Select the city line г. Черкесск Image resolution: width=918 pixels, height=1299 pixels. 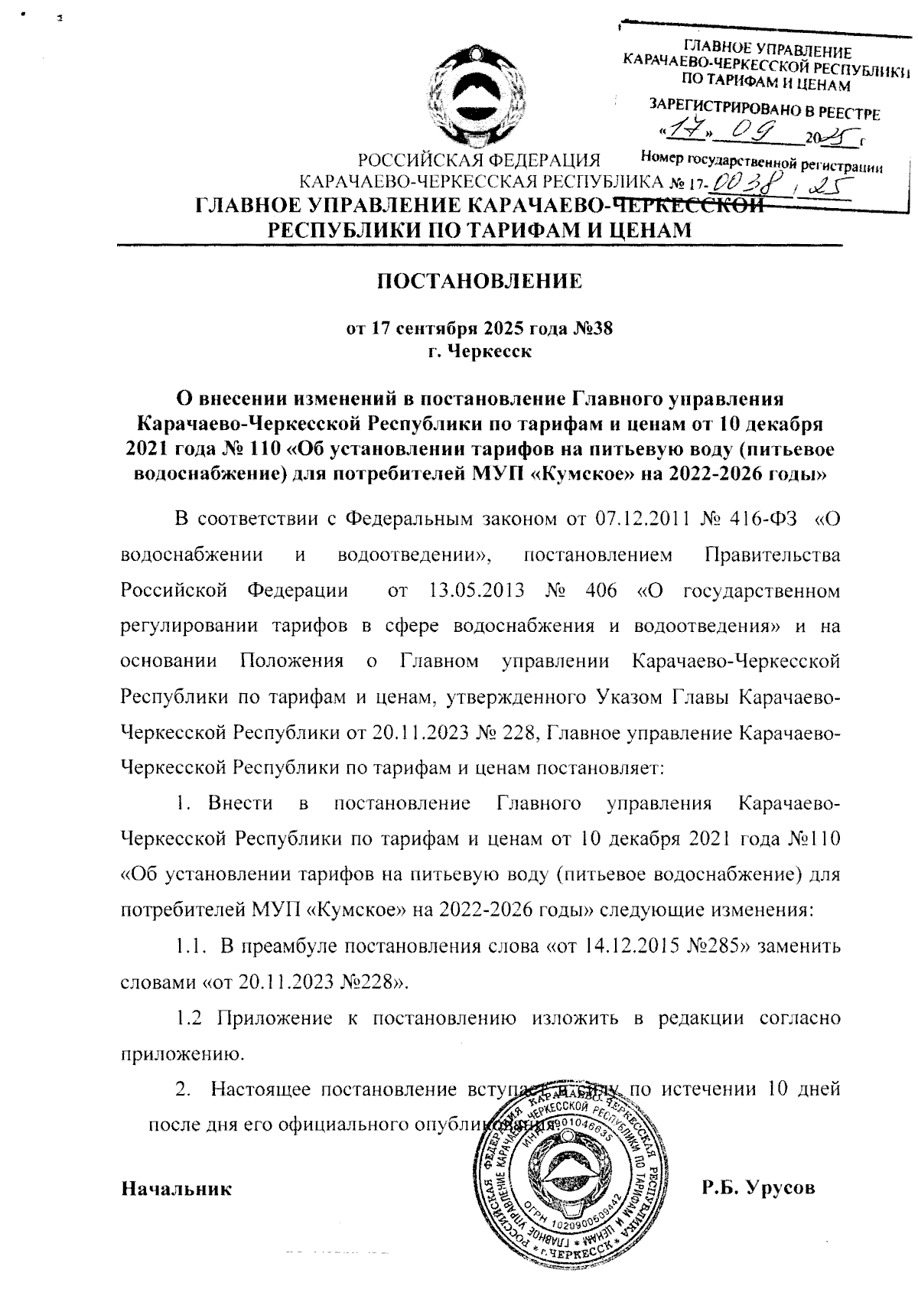pos(480,352)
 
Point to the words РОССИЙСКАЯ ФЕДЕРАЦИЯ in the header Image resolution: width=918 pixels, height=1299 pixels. pos(480,161)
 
